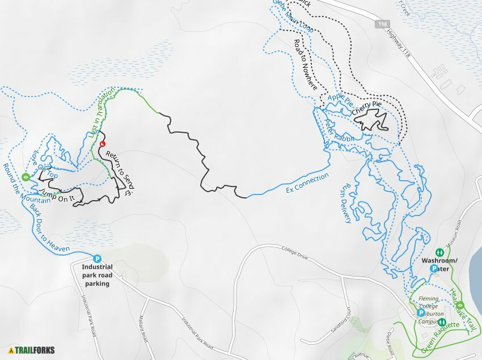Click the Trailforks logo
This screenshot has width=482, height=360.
pyautogui.click(x=32, y=350)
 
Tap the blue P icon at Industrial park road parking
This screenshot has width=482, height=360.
pyautogui.click(x=96, y=258)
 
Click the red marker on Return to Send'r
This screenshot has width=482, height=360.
pyautogui.click(x=103, y=145)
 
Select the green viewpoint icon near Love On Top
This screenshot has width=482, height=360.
pyautogui.click(x=26, y=177)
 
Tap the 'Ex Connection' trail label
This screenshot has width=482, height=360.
pyautogui.click(x=307, y=183)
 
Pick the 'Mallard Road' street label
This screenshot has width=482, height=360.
pyautogui.click(x=144, y=329)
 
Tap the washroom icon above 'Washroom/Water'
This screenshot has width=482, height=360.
pyautogui.click(x=439, y=252)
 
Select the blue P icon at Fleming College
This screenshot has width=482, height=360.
pyautogui.click(x=421, y=312)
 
